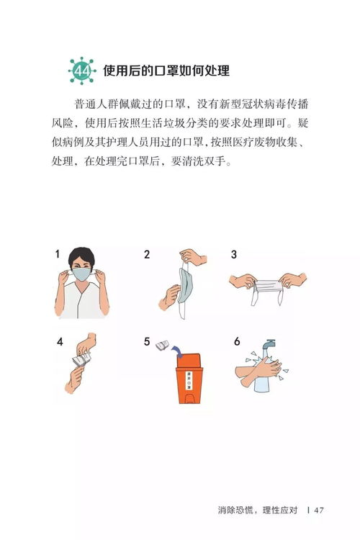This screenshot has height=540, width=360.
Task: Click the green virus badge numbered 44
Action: point(81,71)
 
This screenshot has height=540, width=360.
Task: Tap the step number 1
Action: point(58,254)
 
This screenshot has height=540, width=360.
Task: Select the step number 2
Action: point(147,254)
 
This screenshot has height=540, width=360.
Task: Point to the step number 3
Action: point(234,254)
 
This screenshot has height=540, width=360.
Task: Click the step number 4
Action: point(60,342)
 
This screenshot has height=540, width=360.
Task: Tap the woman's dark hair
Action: point(85,254)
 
